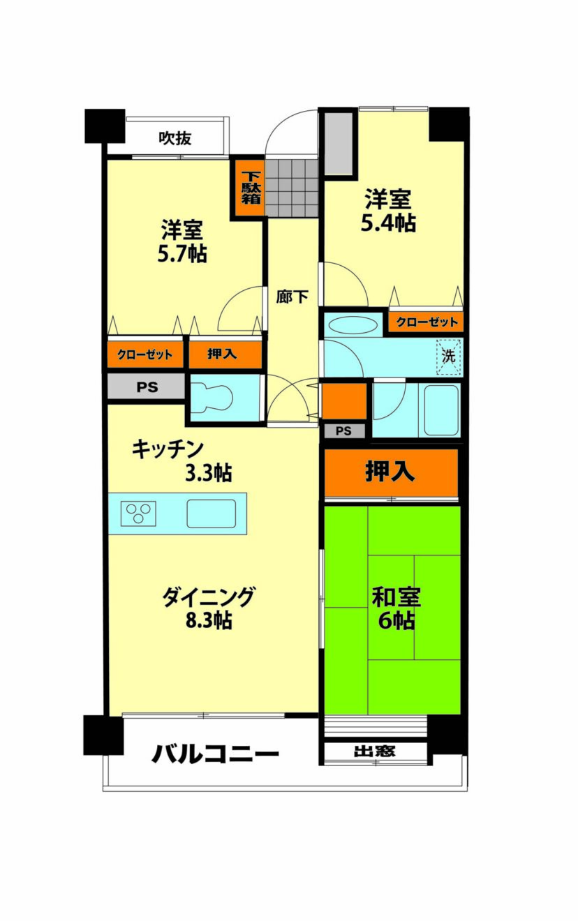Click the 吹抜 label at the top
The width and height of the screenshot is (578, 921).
[175, 139]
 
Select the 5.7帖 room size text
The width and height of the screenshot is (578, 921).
[182, 254]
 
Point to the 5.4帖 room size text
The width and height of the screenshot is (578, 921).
[388, 223]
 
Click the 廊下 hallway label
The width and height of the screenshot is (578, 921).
[292, 296]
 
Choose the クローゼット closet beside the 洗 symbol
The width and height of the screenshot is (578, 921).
[427, 322]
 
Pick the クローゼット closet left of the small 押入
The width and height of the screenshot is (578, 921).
[144, 354]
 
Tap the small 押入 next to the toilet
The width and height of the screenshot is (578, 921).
[225, 354]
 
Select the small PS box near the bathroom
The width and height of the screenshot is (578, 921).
[344, 431]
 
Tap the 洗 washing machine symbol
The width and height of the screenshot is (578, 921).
[448, 356]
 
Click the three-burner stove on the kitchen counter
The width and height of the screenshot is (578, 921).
[139, 514]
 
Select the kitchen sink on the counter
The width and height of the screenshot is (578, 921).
[211, 514]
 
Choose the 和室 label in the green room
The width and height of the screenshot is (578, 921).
[397, 597]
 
